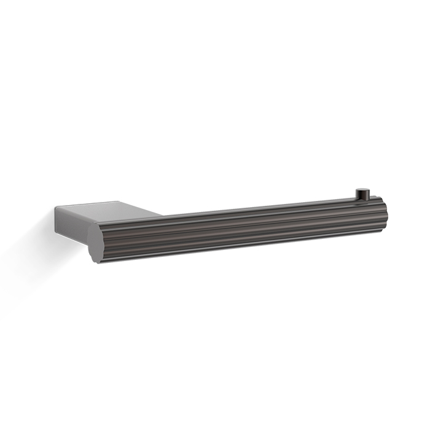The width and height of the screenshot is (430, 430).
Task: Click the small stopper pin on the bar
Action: click(x=362, y=194)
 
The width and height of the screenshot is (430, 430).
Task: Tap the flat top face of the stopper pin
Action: click(x=362, y=190)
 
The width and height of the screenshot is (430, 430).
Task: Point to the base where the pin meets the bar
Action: click(x=362, y=198)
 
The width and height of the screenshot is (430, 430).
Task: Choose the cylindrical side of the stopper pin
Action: click(x=362, y=195)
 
